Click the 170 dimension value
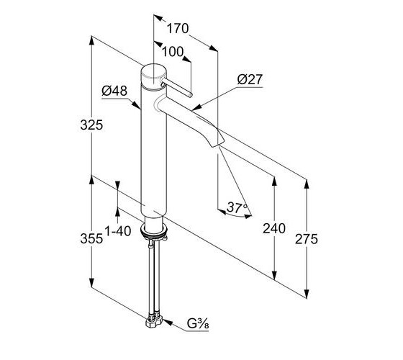click(x=178, y=28)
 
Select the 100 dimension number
click(x=173, y=52)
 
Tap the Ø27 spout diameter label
click(x=250, y=79)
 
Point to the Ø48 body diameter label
click(x=114, y=91)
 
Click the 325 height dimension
click(x=91, y=125)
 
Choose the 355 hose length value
click(x=91, y=238)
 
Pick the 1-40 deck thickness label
click(x=118, y=231)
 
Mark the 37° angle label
click(x=237, y=207)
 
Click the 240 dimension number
click(x=274, y=228)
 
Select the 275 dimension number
click(x=307, y=239)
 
